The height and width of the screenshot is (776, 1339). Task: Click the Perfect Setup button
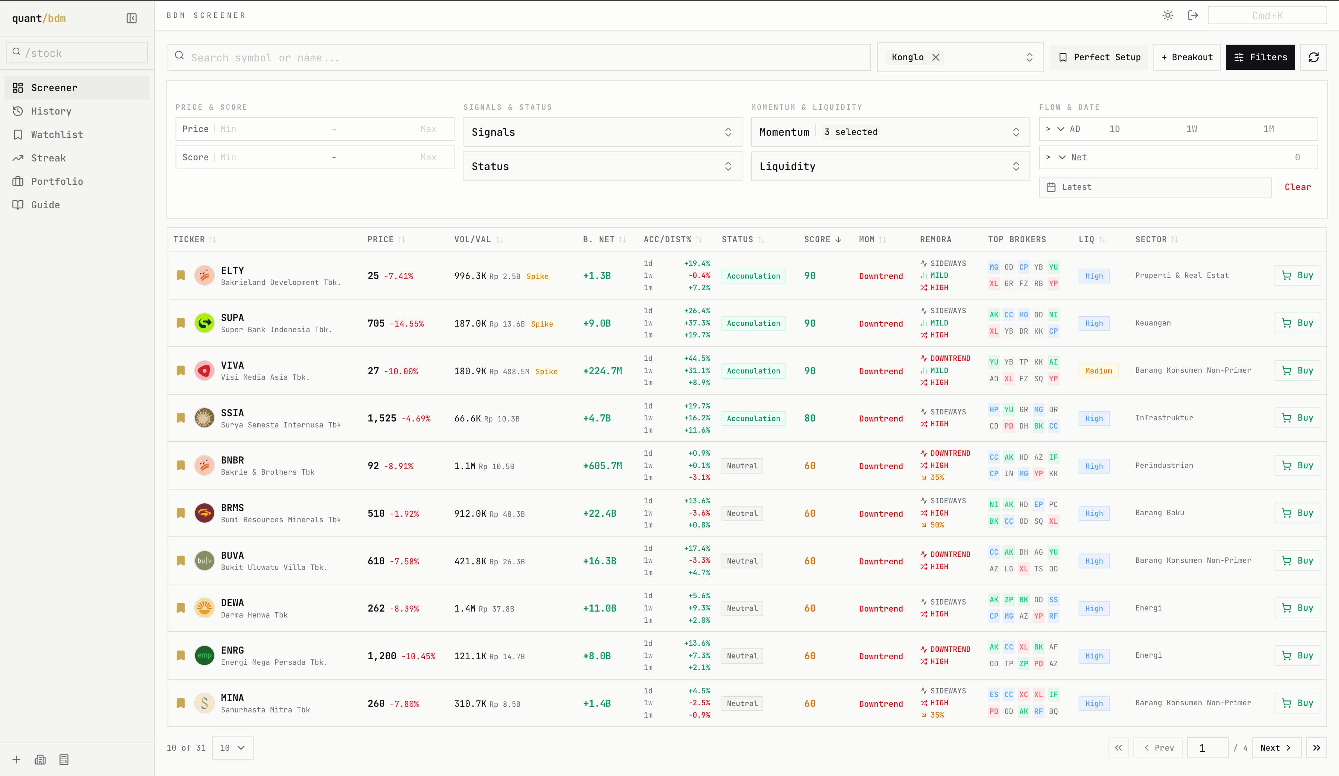pos(1099,57)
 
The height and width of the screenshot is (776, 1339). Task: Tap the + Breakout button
pos(1187,57)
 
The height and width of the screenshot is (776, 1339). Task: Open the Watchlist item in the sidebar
pos(57,134)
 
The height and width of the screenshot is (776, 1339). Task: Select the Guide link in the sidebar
pos(45,205)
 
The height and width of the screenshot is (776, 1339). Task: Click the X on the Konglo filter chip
pos(936,57)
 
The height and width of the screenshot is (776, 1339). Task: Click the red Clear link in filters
pos(1298,187)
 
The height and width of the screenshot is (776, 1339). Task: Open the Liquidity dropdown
pos(890,166)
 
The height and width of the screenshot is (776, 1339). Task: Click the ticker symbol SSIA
pos(232,413)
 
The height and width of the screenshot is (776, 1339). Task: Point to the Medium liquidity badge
pos(1098,371)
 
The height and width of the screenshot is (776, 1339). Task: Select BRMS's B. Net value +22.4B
pos(599,513)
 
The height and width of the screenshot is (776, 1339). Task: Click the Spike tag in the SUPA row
pos(542,324)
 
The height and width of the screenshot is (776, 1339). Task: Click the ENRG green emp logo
pos(204,655)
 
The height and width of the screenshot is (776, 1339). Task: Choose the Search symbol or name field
pos(518,57)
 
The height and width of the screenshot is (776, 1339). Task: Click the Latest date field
pos(1155,187)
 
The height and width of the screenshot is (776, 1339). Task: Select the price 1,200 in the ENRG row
pos(382,656)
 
